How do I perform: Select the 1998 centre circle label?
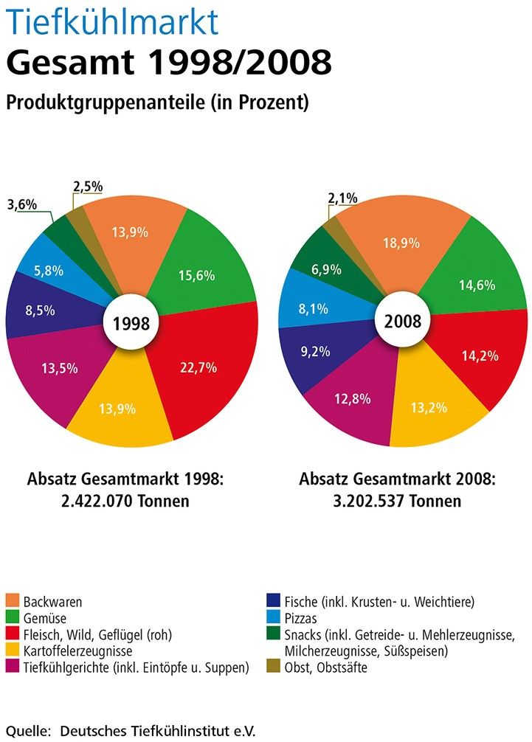(131, 322)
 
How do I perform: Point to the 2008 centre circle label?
(403, 322)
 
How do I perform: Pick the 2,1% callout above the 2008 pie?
(342, 198)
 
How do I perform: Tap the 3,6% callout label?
(22, 205)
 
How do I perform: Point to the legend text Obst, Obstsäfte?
(325, 668)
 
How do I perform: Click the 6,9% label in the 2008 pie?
(326, 270)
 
